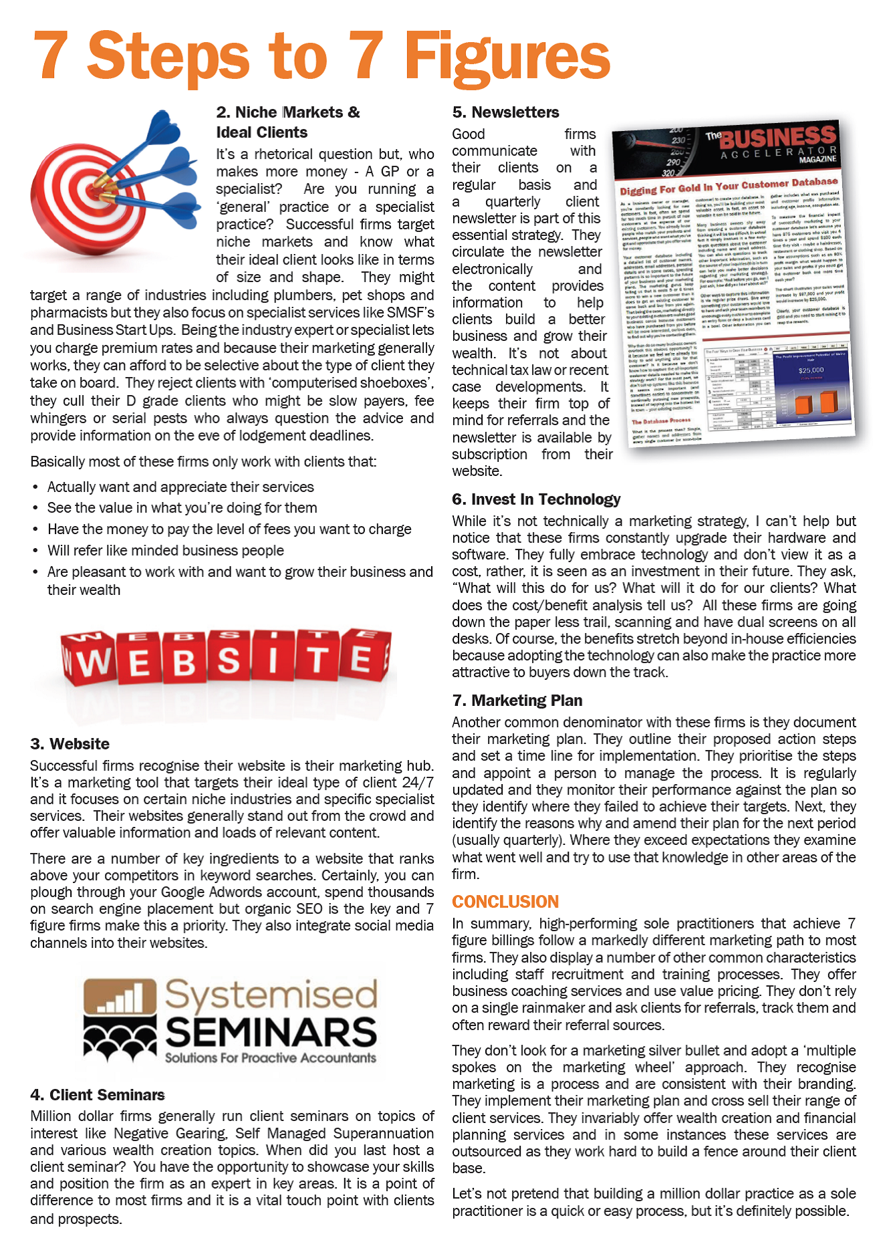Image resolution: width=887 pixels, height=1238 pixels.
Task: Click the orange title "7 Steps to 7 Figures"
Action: (x=321, y=57)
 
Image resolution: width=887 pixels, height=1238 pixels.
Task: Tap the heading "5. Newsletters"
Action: (x=505, y=112)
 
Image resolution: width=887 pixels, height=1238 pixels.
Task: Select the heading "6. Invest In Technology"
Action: (x=536, y=499)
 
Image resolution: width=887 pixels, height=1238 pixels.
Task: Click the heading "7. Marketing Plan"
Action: (x=517, y=701)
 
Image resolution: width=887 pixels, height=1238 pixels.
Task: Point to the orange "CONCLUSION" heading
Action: (x=505, y=902)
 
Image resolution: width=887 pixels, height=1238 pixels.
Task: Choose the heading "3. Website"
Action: (x=70, y=744)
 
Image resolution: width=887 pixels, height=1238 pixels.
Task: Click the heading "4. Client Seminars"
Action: (x=98, y=1095)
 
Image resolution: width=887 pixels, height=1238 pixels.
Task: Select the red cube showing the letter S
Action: (x=228, y=658)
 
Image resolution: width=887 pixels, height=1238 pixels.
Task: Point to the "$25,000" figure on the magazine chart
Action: (x=811, y=370)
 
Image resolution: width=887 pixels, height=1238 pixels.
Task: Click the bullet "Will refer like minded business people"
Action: (x=165, y=551)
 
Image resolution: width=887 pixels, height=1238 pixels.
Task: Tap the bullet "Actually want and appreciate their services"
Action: (x=180, y=487)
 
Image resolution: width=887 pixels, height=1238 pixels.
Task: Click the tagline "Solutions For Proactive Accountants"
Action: (x=271, y=1058)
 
